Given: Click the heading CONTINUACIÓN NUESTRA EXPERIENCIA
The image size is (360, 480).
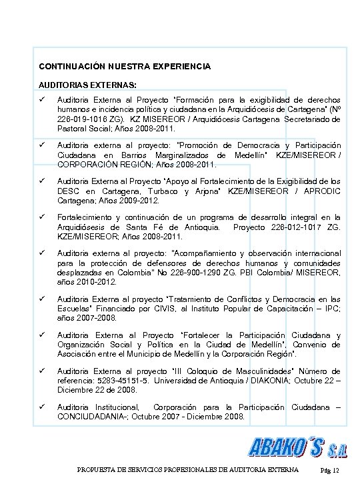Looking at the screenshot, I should [x=124, y=67].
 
